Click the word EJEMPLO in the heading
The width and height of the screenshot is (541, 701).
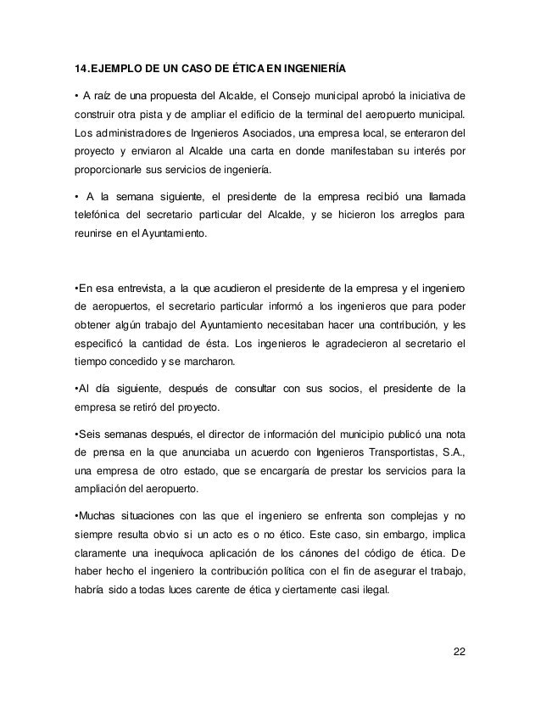pyautogui.click(x=117, y=66)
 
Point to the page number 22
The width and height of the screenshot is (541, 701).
pyautogui.click(x=459, y=651)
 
